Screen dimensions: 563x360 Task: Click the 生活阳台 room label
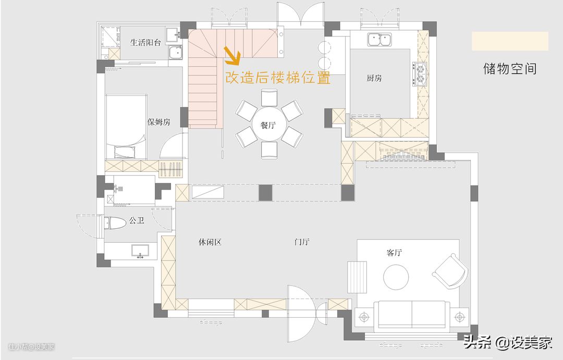pyautogui.click(x=145, y=43)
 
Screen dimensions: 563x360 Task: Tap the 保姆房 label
pyautogui.click(x=158, y=122)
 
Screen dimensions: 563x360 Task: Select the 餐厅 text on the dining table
pyautogui.click(x=268, y=125)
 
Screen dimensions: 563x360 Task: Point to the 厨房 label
pyautogui.click(x=374, y=78)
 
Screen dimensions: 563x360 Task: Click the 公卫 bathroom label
pyautogui.click(x=137, y=220)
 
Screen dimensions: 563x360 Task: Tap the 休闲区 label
pyautogui.click(x=210, y=242)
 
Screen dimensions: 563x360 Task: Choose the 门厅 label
pyautogui.click(x=302, y=242)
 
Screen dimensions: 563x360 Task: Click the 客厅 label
pyautogui.click(x=394, y=253)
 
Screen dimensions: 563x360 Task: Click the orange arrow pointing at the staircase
pyautogui.click(x=232, y=56)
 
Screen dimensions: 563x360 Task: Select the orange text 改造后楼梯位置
pyautogui.click(x=277, y=78)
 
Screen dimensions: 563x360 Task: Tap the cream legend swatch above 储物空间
pyautogui.click(x=510, y=41)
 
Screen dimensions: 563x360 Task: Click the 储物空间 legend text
pyautogui.click(x=510, y=68)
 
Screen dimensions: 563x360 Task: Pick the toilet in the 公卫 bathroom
pyautogui.click(x=115, y=223)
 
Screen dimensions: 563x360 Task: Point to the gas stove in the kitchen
pyautogui.click(x=420, y=75)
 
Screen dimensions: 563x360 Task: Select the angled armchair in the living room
pyautogui.click(x=450, y=271)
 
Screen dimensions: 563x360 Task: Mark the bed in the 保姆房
pyautogui.click(x=126, y=127)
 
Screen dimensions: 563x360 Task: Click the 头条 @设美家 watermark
pyautogui.click(x=507, y=342)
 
